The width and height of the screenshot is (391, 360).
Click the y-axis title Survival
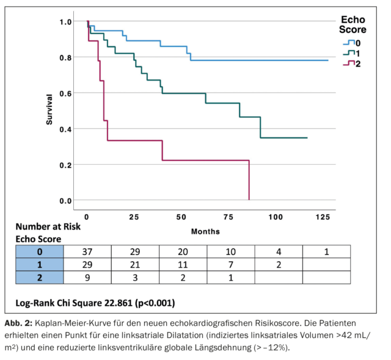pyautogui.click(x=49, y=110)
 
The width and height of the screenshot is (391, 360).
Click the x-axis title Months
pyautogui.click(x=205, y=232)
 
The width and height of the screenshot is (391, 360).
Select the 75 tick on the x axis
pyautogui.click(x=228, y=217)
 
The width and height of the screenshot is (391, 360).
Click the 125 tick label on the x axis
pyautogui.click(x=322, y=217)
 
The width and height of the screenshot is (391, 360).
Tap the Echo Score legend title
pyautogui.click(x=353, y=24)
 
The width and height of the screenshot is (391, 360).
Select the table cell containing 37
pyautogui.click(x=86, y=251)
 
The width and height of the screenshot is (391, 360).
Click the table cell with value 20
pyautogui.click(x=183, y=251)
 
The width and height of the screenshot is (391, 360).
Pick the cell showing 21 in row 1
pyautogui.click(x=134, y=264)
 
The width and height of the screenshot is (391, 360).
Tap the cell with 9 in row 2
pyautogui.click(x=86, y=277)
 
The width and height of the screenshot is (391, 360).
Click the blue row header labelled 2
pyautogui.click(x=38, y=277)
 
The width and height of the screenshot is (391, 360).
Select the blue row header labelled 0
pyautogui.click(x=38, y=251)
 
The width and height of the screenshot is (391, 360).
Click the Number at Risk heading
pyautogui.click(x=48, y=226)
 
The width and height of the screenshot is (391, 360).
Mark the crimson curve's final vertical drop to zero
pyautogui.click(x=249, y=180)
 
